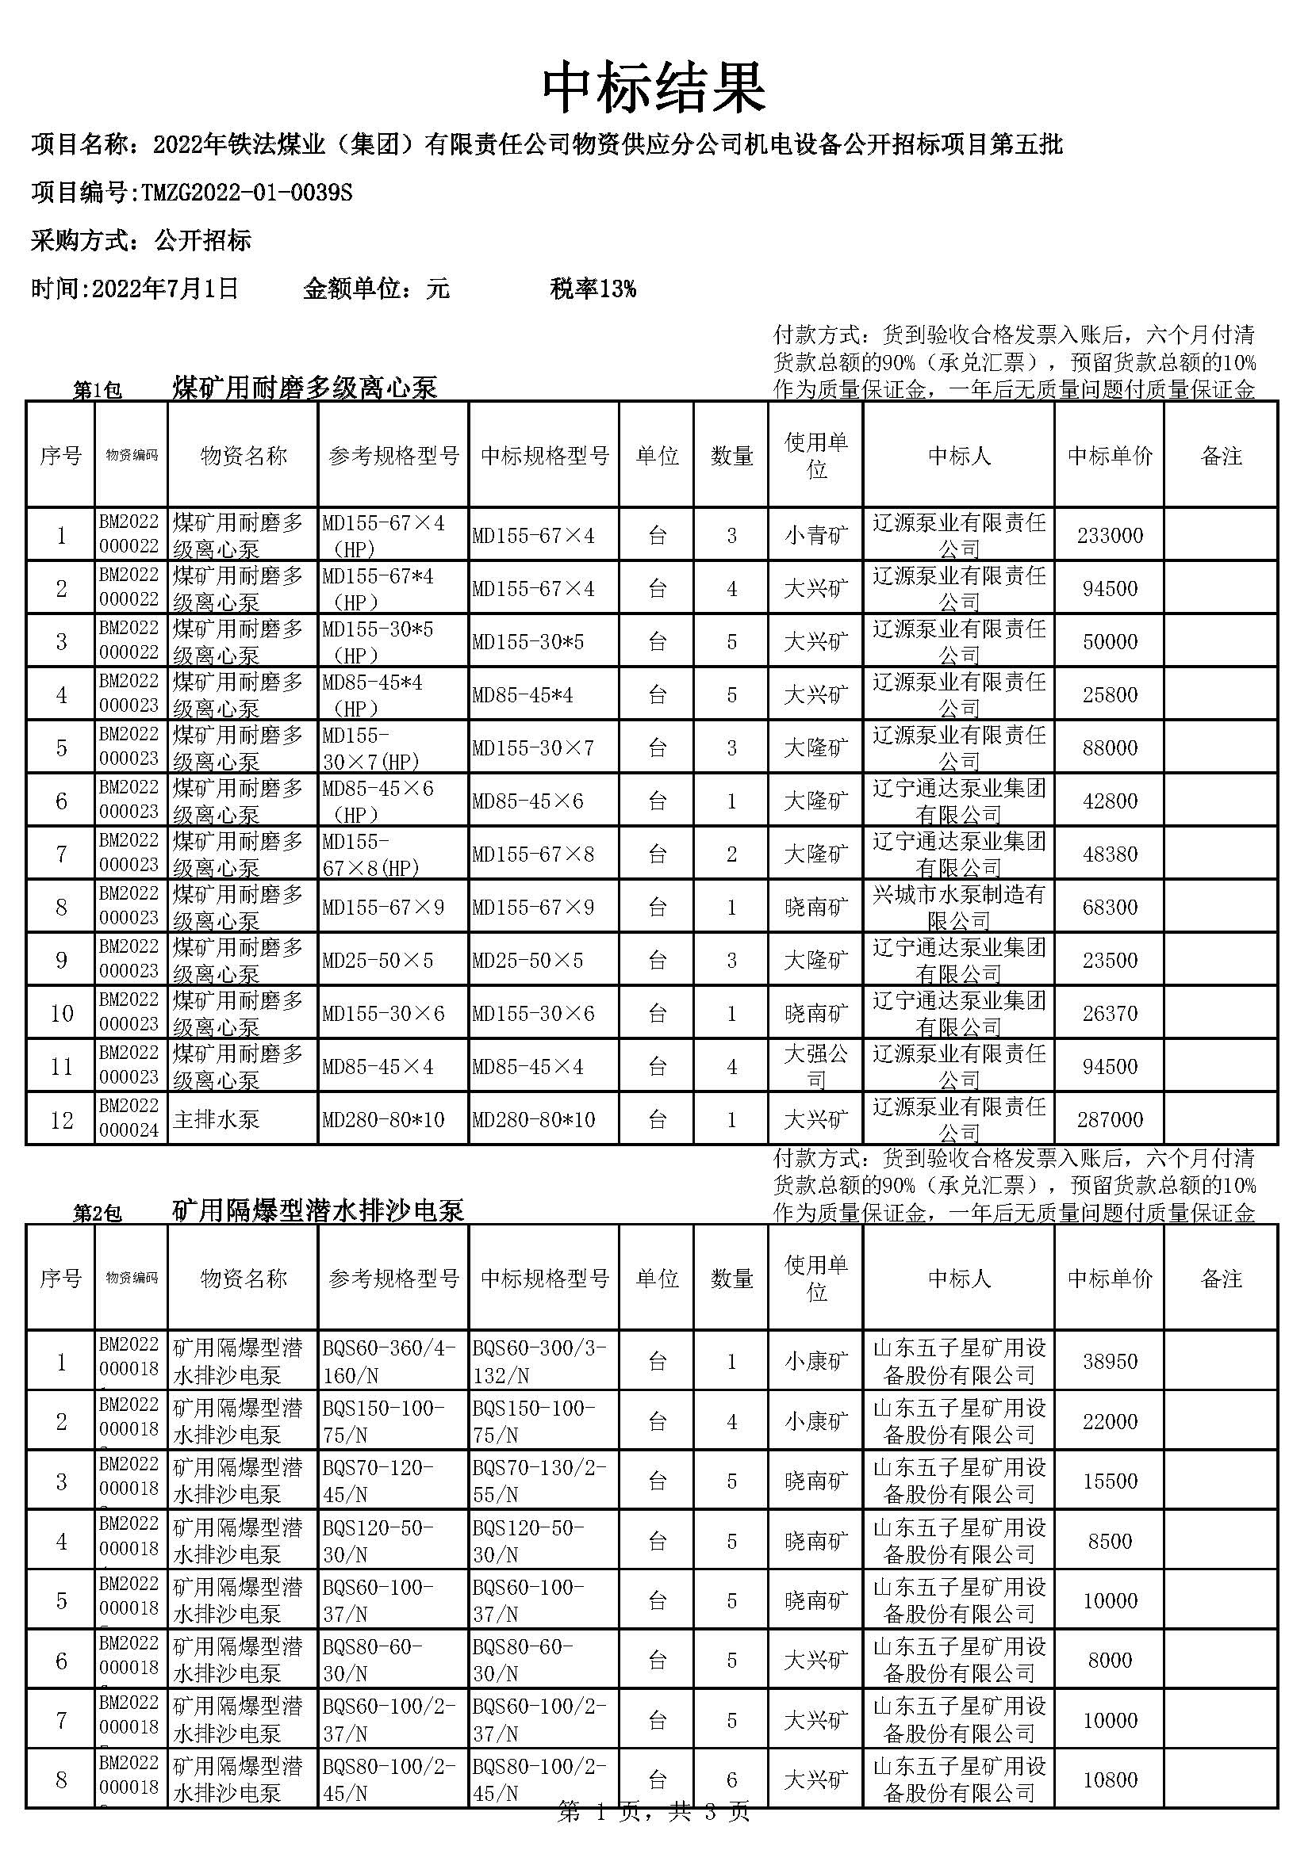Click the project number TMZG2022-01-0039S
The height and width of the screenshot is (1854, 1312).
click(x=247, y=193)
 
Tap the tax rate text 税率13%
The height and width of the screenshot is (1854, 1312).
click(x=593, y=289)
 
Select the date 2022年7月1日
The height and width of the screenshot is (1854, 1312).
click(x=166, y=289)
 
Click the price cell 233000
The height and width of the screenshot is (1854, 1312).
click(x=1109, y=535)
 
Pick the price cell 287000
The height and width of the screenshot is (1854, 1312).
click(x=1109, y=1119)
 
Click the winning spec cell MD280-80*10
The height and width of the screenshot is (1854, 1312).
click(x=533, y=1120)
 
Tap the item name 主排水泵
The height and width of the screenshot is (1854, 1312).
click(x=216, y=1120)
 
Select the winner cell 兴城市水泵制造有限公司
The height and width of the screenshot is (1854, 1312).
click(x=958, y=907)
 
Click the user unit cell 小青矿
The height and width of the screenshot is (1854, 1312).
click(x=816, y=535)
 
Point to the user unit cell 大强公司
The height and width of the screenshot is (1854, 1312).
click(x=816, y=1066)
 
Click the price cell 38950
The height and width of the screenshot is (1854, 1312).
click(x=1109, y=1362)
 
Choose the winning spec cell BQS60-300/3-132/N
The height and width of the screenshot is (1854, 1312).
click(x=539, y=1361)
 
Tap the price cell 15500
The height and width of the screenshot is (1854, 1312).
click(x=1109, y=1481)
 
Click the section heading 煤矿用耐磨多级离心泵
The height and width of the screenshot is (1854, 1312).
click(x=305, y=388)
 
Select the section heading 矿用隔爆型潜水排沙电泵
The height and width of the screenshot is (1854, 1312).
click(x=318, y=1210)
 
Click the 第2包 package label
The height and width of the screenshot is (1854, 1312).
click(x=97, y=1213)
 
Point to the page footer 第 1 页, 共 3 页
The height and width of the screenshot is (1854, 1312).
click(x=654, y=1835)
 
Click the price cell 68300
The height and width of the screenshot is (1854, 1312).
click(x=1109, y=907)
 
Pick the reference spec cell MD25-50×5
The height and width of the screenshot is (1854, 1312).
click(x=378, y=960)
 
